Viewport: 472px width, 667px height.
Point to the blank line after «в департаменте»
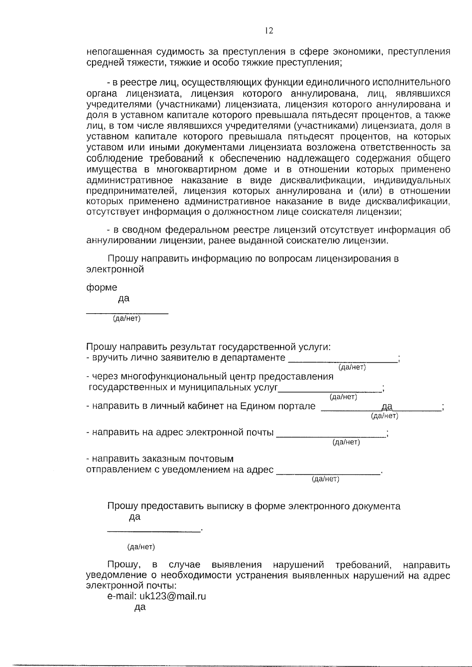pyautogui.click(x=343, y=358)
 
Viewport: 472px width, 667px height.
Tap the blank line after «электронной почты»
pyautogui.click(x=331, y=433)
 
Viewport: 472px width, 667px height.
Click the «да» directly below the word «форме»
pyautogui.click(x=124, y=299)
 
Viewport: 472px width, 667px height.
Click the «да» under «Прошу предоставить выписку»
pyautogui.click(x=135, y=517)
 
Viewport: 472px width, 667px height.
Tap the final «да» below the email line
pyautogui.click(x=140, y=607)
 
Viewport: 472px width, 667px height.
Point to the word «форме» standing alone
pyautogui.click(x=101, y=288)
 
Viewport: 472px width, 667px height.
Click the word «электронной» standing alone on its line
pyautogui.click(x=115, y=270)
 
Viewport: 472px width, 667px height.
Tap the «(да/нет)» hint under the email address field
pyautogui.click(x=346, y=442)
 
